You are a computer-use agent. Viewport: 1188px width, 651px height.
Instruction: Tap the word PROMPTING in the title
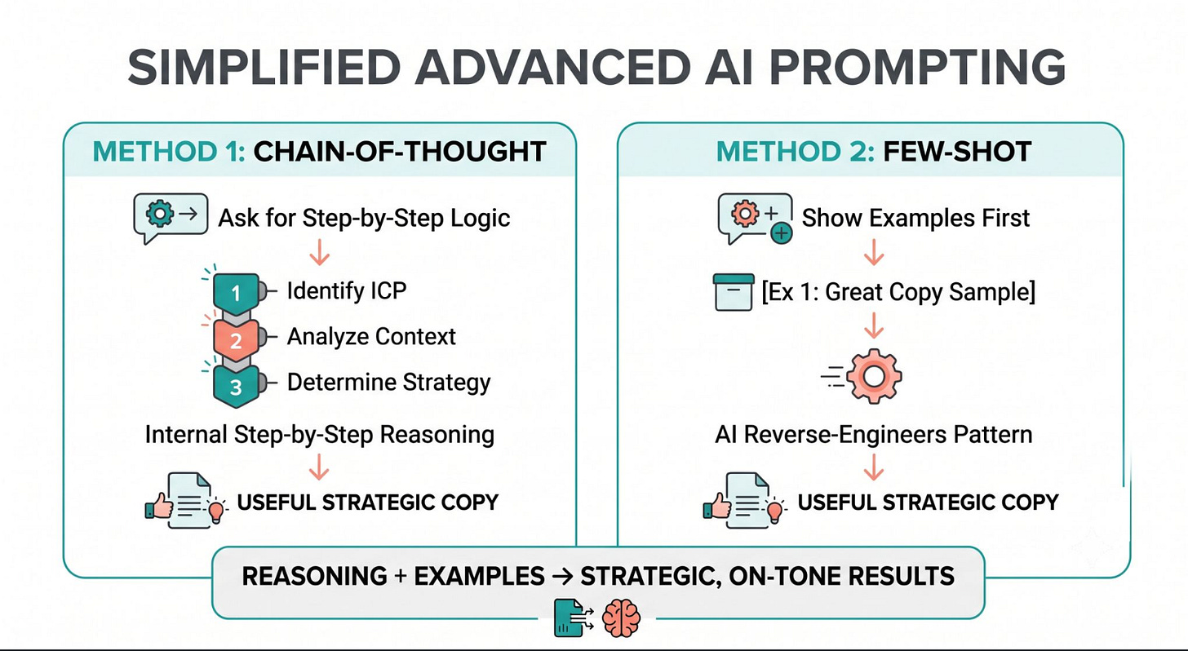coord(917,68)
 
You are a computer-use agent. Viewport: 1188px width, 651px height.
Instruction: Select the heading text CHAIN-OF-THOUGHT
coord(400,152)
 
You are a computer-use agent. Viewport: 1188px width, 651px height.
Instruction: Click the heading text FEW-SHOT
coord(957,152)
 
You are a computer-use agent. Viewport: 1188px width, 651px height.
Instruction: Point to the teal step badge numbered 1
coord(237,291)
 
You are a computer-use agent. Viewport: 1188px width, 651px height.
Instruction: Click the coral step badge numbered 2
coord(237,339)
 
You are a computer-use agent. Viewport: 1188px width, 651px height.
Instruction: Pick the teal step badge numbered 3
coord(237,387)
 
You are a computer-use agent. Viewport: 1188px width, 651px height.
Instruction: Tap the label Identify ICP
coord(347,290)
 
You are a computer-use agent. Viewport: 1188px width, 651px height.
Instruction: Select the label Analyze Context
coord(371,337)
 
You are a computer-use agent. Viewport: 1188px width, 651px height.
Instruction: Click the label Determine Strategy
coord(388,383)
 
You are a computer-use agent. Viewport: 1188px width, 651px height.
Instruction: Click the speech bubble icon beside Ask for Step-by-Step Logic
coord(171,218)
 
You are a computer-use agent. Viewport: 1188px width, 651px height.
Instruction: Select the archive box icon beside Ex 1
coord(734,292)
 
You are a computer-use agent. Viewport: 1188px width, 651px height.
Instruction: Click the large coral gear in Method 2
coord(874,376)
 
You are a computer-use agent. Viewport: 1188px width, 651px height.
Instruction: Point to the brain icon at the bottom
coord(621,618)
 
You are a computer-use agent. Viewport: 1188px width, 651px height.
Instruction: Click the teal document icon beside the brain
coord(574,618)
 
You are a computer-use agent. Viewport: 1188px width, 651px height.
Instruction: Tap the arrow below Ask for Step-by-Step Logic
coord(319,252)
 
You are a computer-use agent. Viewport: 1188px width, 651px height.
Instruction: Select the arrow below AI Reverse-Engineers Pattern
coord(874,467)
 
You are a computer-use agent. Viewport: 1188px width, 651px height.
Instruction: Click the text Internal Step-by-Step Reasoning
coord(320,435)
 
